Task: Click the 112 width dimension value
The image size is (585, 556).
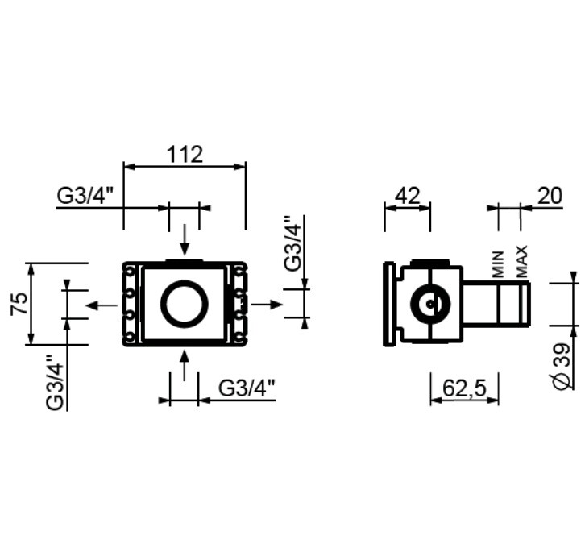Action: [185, 155]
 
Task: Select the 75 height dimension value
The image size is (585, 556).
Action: [19, 303]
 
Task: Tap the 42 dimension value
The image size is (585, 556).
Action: [408, 196]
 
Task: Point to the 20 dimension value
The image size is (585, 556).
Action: [550, 196]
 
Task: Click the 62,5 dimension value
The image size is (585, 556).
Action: [465, 388]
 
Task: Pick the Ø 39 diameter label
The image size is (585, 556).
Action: [563, 367]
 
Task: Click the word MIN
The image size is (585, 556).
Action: [498, 264]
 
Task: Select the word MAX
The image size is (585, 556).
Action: [521, 261]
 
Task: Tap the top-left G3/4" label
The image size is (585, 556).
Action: [85, 196]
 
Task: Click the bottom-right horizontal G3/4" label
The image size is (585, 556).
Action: [247, 388]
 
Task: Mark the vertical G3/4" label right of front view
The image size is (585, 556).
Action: [292, 243]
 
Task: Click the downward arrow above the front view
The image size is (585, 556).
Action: [185, 240]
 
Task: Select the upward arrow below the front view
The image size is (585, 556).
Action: [185, 366]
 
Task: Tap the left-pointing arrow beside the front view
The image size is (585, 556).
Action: [102, 305]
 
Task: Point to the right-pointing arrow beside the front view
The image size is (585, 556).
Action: [268, 305]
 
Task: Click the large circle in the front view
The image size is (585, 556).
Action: [185, 304]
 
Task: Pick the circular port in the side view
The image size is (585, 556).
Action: [430, 304]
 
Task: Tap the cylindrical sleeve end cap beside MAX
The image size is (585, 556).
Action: [525, 305]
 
